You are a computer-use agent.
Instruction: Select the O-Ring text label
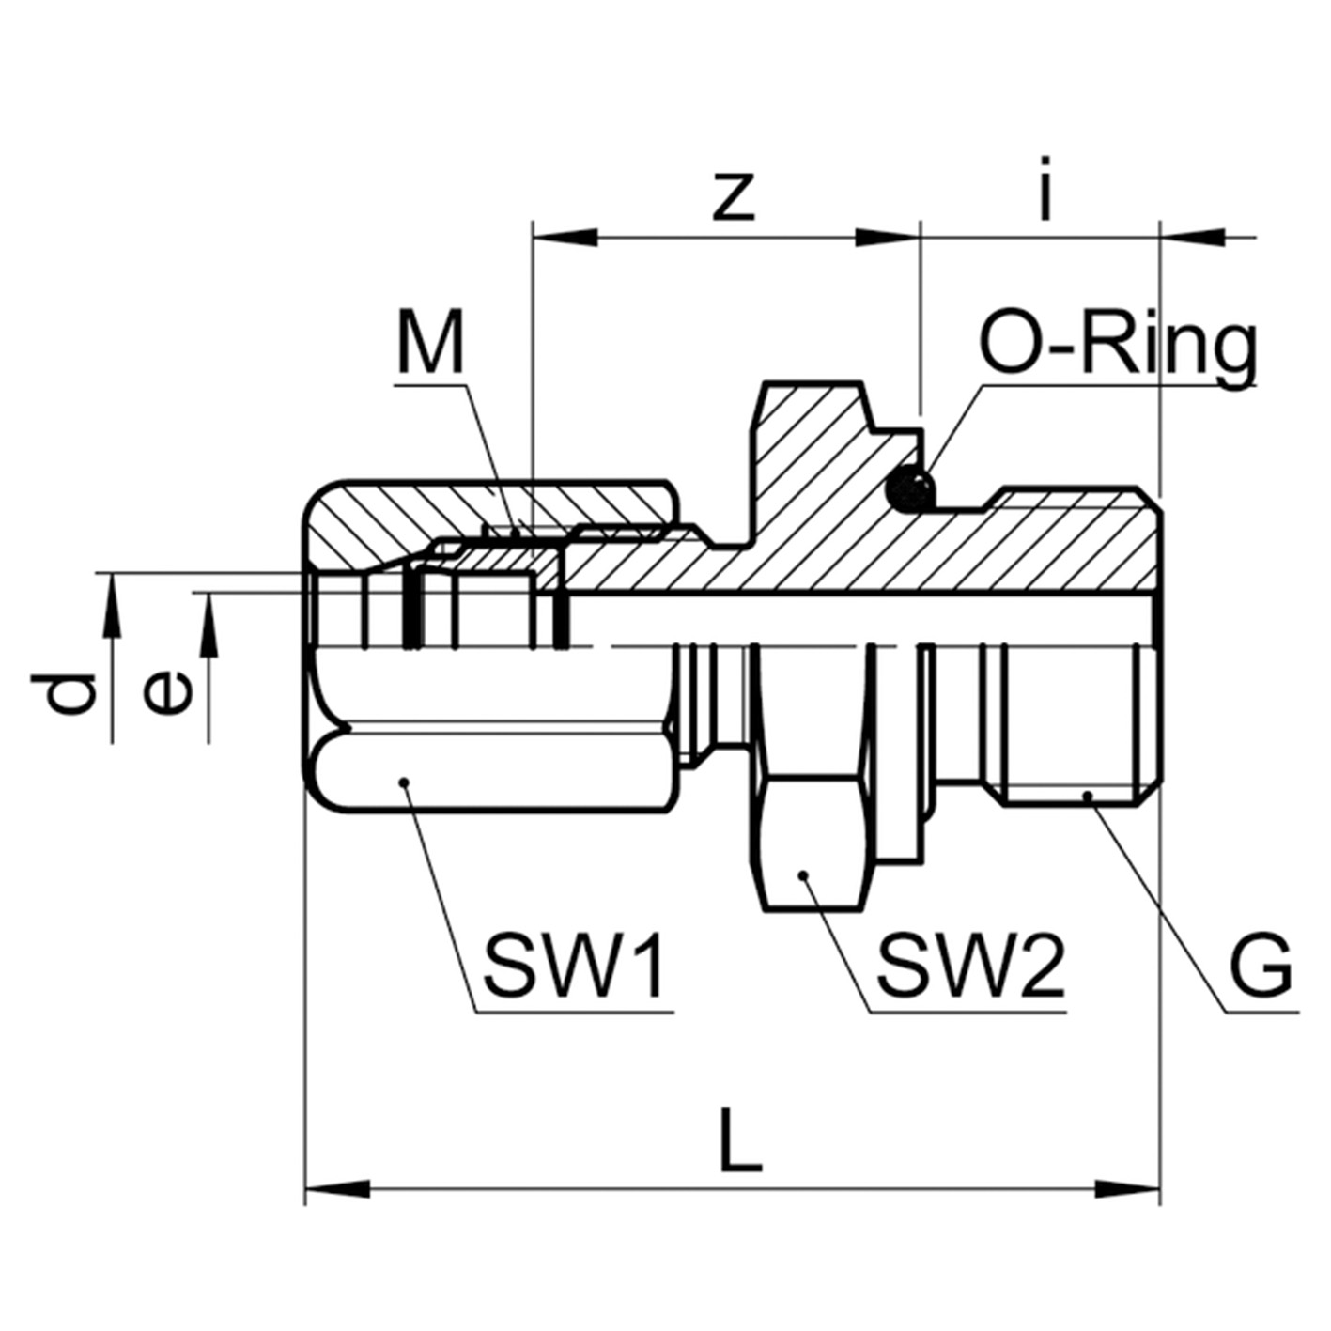click(1117, 347)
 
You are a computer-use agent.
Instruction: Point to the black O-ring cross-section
click(911, 488)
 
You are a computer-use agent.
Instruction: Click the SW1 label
click(575, 967)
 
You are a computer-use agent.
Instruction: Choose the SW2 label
click(970, 967)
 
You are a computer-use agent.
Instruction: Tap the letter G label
click(1261, 967)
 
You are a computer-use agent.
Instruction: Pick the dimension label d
click(72, 692)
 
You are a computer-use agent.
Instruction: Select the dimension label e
click(169, 693)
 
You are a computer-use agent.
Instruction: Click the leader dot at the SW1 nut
click(404, 782)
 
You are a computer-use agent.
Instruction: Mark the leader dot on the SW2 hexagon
click(804, 875)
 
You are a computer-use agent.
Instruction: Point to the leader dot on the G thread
click(1088, 796)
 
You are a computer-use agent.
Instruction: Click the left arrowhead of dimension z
click(564, 235)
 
